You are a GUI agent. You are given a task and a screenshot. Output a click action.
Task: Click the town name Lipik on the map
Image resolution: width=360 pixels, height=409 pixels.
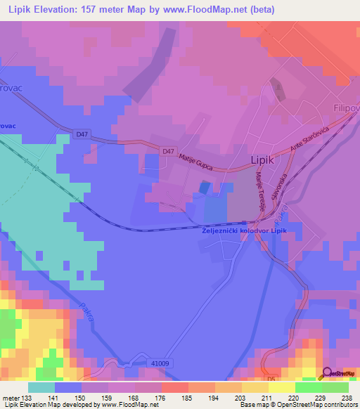(x=264, y=161)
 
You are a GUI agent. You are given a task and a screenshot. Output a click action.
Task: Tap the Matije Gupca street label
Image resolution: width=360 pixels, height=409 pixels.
(x=196, y=161)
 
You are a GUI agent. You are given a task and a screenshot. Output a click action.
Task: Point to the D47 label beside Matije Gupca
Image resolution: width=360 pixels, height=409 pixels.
(x=167, y=150)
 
